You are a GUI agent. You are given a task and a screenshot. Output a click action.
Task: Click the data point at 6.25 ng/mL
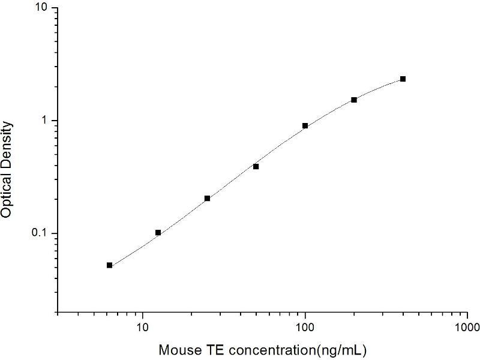click(x=110, y=265)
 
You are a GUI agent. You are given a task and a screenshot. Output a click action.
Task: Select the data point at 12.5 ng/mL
click(x=158, y=232)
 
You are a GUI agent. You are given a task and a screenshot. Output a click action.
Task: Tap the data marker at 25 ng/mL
click(x=207, y=198)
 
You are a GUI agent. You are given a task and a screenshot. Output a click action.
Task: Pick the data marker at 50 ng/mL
click(x=256, y=166)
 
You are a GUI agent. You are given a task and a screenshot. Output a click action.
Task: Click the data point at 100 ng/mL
click(x=305, y=126)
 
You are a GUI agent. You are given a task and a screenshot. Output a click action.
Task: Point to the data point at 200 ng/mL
click(x=354, y=100)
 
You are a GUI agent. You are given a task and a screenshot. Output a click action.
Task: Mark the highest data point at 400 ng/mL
click(x=403, y=79)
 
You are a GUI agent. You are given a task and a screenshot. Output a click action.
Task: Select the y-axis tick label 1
click(x=48, y=121)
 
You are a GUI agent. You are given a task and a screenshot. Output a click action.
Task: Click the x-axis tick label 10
click(x=143, y=328)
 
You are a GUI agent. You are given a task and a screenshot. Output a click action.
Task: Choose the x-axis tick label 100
click(x=305, y=328)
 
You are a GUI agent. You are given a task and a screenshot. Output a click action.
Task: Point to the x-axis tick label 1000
click(x=467, y=328)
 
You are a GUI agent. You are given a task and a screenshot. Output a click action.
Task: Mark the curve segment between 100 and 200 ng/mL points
click(x=330, y=112)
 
